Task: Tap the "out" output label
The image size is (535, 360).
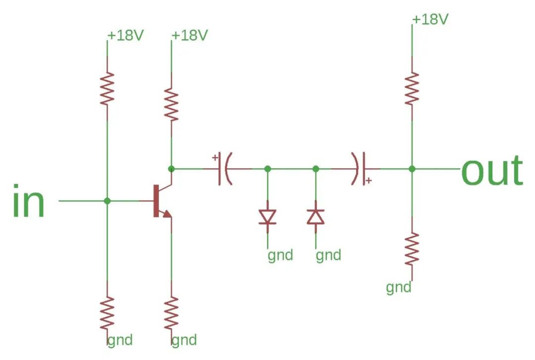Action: [x=491, y=170]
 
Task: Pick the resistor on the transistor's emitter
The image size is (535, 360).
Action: [x=171, y=313]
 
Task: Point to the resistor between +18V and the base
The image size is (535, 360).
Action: [x=107, y=88]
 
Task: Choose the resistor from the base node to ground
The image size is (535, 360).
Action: [x=107, y=313]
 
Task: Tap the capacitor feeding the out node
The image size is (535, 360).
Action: [x=360, y=169]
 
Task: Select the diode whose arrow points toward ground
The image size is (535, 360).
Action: [x=267, y=217]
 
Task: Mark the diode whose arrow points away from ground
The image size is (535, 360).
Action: [x=316, y=216]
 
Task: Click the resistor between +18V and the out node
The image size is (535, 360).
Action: [x=412, y=88]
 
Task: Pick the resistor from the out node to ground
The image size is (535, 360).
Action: [x=412, y=249]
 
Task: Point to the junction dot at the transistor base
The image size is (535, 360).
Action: [x=107, y=201]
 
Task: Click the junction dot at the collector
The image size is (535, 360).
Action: [x=171, y=169]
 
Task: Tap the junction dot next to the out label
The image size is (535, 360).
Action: [x=412, y=169]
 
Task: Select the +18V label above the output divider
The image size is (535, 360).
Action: [x=430, y=20]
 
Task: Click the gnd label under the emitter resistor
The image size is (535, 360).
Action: [x=184, y=340]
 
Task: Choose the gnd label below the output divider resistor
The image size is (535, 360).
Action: [x=399, y=287]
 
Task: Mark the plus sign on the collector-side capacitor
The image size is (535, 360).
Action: [x=215, y=158]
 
